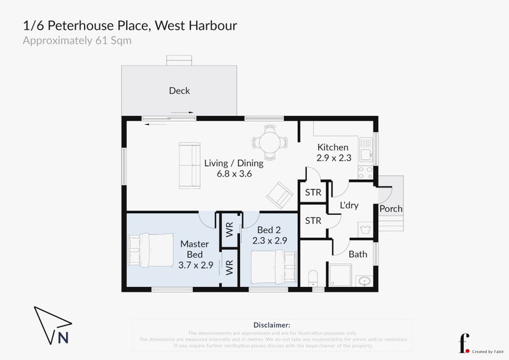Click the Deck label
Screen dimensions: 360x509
pos(179,91)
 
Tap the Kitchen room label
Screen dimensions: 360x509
pos(333,147)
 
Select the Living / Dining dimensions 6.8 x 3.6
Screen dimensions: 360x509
pos(234,174)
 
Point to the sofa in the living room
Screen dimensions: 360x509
pos(187,165)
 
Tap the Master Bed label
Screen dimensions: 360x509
pos(195,249)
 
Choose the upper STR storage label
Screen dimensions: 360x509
pos(313,192)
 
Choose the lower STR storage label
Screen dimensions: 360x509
pos(313,221)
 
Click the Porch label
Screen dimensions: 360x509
pos(391,209)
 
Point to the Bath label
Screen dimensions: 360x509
pos(358,254)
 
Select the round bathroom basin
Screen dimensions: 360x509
pos(364,280)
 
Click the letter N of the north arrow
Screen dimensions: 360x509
pos(63,338)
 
